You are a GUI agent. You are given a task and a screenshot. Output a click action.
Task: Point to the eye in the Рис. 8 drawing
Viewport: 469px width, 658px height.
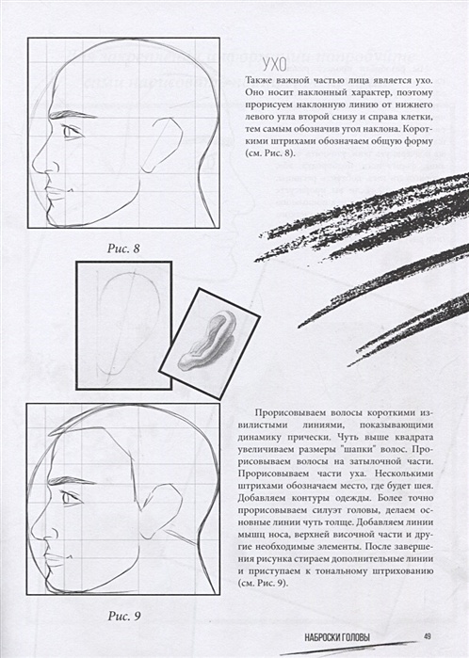coord(71,132)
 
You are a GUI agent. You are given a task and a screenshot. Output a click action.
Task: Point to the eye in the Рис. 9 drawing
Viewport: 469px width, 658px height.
coord(70,496)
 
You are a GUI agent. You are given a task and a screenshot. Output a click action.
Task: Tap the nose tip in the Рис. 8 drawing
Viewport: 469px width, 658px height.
coord(35,170)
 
